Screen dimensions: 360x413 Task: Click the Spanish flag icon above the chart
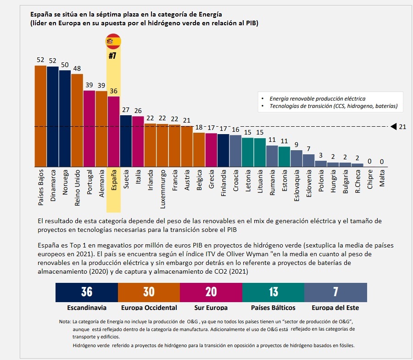coord(113,41)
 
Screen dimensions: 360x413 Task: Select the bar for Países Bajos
coord(40,116)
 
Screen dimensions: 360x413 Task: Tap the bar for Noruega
coord(65,118)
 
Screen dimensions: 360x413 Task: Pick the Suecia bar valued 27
coord(126,141)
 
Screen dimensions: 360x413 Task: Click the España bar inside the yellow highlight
coord(113,131)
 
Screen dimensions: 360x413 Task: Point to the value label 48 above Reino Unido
coord(77,68)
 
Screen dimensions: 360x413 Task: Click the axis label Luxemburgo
coord(162,188)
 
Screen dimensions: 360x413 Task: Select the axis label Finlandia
coord(223,184)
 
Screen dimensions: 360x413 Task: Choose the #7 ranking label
coord(113,56)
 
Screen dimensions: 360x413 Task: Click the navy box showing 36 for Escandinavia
coord(87,292)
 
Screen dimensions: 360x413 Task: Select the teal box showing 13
coord(273,292)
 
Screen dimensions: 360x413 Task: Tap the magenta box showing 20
coord(211,292)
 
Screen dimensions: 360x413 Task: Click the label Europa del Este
coord(335,307)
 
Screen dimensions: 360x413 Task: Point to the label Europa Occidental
coord(149,307)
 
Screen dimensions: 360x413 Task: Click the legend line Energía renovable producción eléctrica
coord(318,98)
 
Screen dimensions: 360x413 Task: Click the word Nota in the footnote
coord(64,321)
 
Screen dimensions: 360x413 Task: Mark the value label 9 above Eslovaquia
coord(296,145)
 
